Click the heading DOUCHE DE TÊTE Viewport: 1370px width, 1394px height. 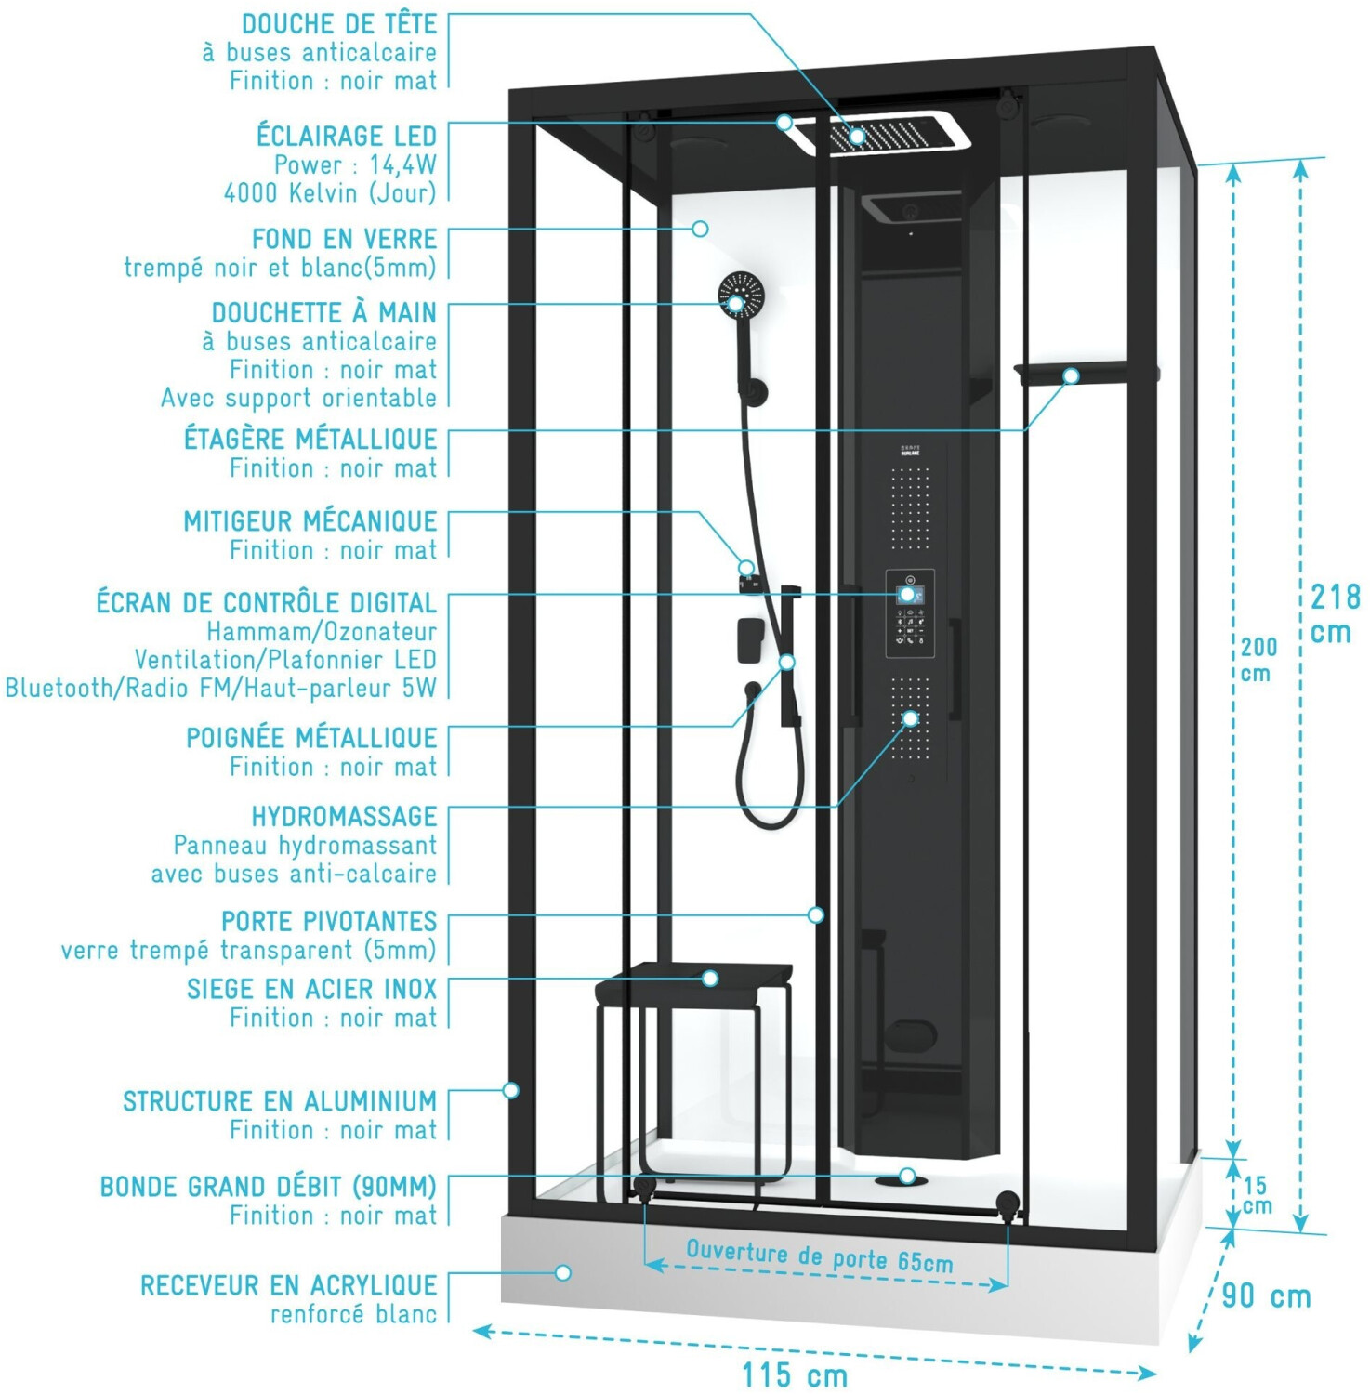tap(339, 24)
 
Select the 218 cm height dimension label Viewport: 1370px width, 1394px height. tap(1335, 613)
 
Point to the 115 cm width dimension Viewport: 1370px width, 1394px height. tap(795, 1374)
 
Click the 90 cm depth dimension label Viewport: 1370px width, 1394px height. tap(1266, 1295)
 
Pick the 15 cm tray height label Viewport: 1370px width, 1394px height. tap(1257, 1195)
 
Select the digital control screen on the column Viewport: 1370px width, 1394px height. tap(910, 595)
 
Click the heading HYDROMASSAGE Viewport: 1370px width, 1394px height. tap(344, 817)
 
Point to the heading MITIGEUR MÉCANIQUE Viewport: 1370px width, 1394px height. tap(310, 521)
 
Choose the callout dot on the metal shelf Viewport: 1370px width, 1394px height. tap(1071, 375)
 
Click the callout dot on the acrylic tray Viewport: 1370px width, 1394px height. tap(563, 1272)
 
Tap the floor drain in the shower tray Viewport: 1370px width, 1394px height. tap(901, 1178)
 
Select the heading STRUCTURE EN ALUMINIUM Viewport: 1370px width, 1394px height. tap(280, 1101)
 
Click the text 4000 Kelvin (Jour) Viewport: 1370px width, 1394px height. tap(330, 193)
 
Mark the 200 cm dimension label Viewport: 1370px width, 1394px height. tap(1258, 659)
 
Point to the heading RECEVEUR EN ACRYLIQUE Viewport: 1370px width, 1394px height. tap(288, 1285)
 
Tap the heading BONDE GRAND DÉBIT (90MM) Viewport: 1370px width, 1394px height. tap(269, 1187)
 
